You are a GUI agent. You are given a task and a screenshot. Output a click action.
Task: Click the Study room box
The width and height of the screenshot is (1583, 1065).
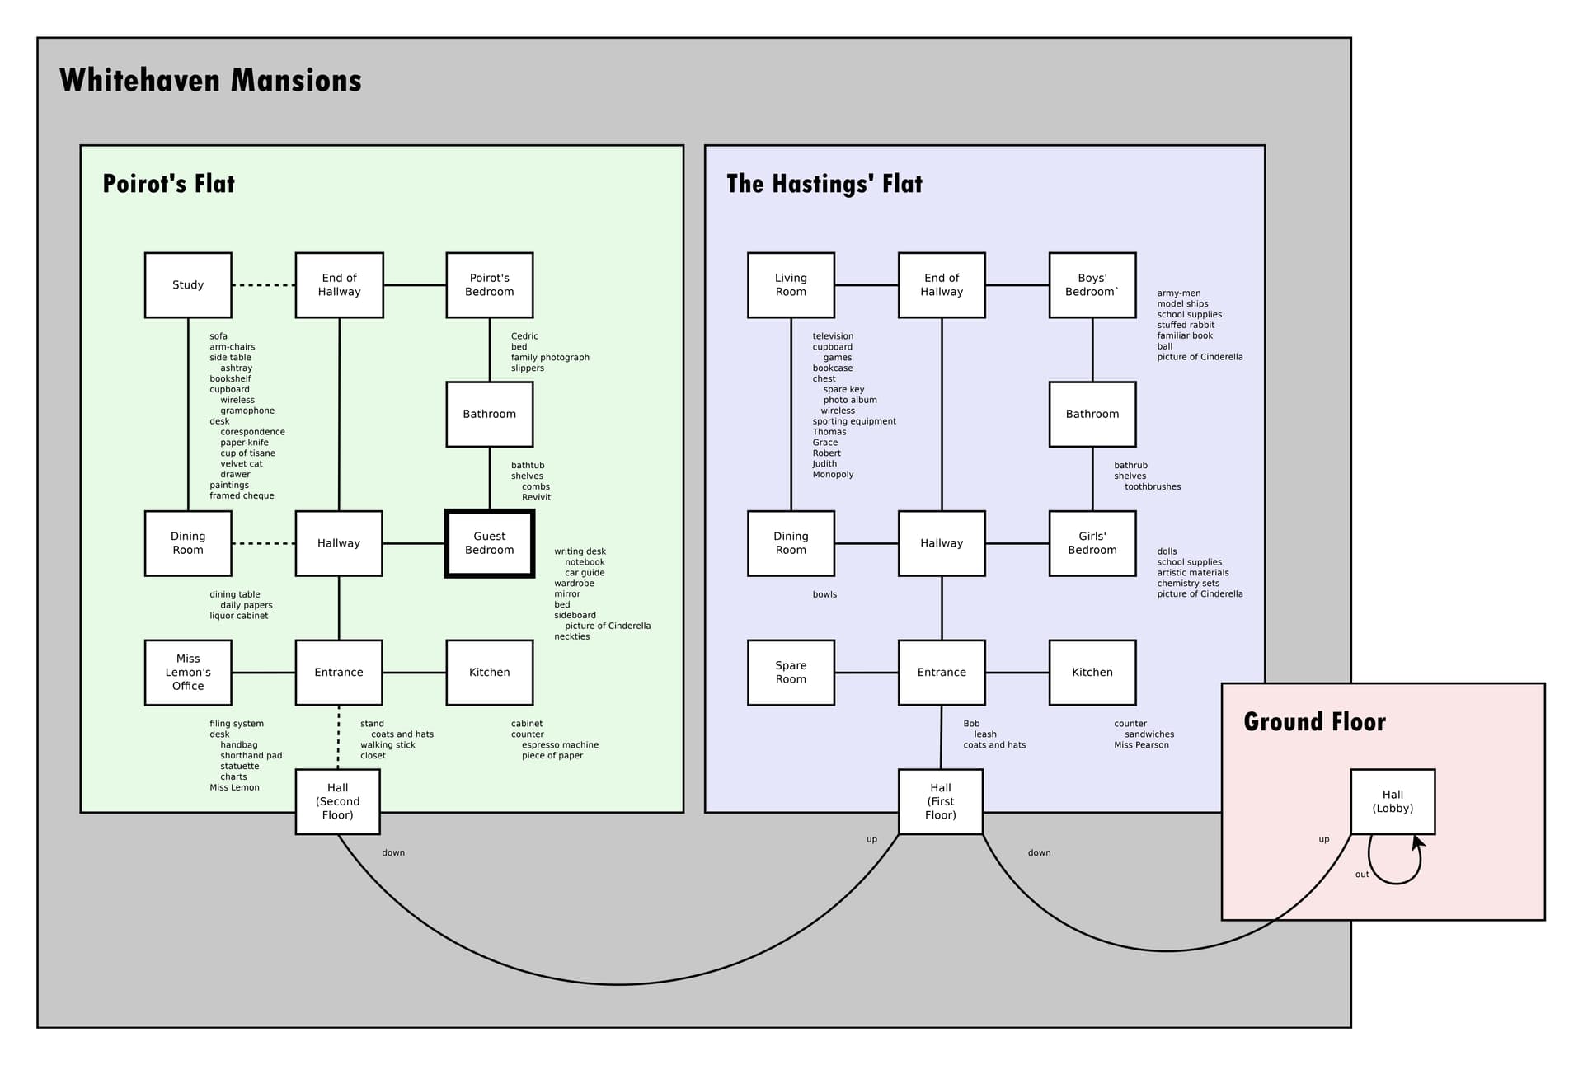tap(188, 285)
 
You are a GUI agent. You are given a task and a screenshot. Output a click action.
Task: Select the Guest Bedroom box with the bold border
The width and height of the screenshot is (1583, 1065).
tap(490, 543)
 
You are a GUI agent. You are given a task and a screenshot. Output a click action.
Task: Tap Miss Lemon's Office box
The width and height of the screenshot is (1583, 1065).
tap(188, 673)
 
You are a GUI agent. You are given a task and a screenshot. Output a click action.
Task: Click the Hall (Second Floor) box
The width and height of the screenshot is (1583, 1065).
tap(338, 801)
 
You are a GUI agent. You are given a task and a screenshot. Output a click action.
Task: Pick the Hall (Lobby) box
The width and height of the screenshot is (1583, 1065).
tap(1393, 801)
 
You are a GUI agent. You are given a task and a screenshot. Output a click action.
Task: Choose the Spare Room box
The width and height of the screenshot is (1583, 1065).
tap(791, 673)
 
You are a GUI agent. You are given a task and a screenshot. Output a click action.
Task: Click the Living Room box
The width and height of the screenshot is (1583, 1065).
tap(791, 285)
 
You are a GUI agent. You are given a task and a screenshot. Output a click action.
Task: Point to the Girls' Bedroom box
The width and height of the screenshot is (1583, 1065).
tap(1092, 543)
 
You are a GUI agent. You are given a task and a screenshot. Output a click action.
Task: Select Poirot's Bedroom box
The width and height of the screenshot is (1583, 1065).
tap(490, 285)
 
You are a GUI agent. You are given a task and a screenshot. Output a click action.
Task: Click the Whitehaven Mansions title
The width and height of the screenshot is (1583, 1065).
tap(210, 81)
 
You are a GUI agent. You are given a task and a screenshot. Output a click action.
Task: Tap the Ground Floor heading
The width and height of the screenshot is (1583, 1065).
tap(1314, 722)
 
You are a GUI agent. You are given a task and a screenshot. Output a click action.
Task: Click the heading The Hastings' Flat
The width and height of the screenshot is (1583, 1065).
tap(824, 184)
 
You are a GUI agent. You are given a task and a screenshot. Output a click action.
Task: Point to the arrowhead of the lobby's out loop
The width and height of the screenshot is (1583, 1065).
tap(1417, 842)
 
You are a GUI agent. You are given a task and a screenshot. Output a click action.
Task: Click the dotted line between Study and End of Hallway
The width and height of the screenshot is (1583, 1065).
tap(263, 285)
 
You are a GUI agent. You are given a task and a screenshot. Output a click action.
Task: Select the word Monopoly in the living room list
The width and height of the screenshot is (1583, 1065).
tap(833, 475)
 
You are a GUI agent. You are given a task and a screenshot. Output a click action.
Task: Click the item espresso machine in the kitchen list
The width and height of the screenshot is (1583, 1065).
tap(560, 745)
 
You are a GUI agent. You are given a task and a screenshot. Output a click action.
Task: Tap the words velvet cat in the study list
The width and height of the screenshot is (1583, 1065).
tap(242, 464)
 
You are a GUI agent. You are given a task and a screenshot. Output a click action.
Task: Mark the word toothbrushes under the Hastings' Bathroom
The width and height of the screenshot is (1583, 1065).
tap(1153, 487)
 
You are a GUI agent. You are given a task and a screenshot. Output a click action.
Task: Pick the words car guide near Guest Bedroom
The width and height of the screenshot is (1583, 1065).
tap(585, 573)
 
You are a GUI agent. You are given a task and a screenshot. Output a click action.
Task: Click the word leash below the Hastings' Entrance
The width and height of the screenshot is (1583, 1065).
tap(985, 734)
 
